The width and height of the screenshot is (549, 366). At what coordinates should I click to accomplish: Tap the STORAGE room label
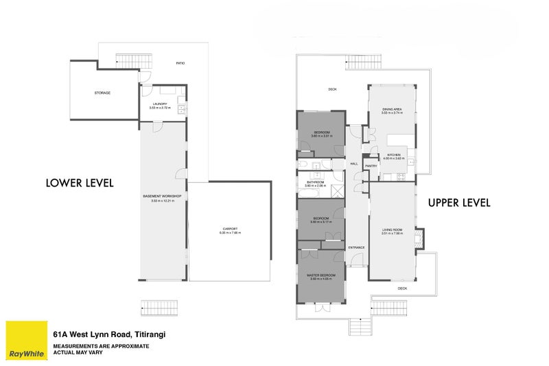pyautogui.click(x=102, y=93)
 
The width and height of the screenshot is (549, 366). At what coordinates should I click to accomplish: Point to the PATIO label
pyautogui.click(x=180, y=63)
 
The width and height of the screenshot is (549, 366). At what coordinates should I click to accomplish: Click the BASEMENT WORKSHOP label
pyautogui.click(x=162, y=196)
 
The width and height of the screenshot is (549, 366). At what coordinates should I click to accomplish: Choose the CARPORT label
pyautogui.click(x=230, y=229)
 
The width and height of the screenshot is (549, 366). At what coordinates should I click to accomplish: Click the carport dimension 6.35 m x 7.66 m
pyautogui.click(x=230, y=233)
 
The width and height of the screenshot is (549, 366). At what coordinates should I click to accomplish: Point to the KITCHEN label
pyautogui.click(x=393, y=155)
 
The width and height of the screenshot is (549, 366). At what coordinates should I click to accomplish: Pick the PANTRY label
pyautogui.click(x=371, y=165)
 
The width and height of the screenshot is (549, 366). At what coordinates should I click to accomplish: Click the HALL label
pyautogui.click(x=354, y=164)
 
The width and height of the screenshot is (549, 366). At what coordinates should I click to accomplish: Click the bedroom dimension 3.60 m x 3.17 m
pyautogui.click(x=321, y=222)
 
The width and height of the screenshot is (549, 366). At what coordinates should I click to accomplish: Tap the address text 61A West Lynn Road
pyautogui.click(x=110, y=334)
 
